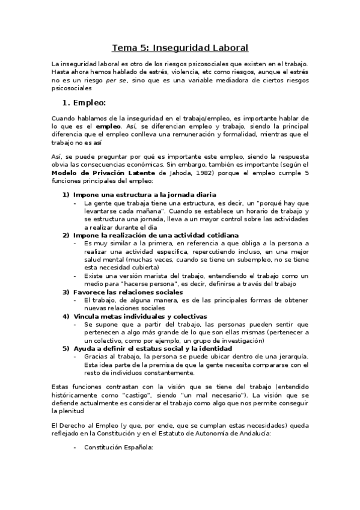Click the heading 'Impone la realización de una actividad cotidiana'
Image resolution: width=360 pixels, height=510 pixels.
(156, 235)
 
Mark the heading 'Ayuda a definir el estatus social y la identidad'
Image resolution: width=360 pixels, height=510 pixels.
(154, 348)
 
